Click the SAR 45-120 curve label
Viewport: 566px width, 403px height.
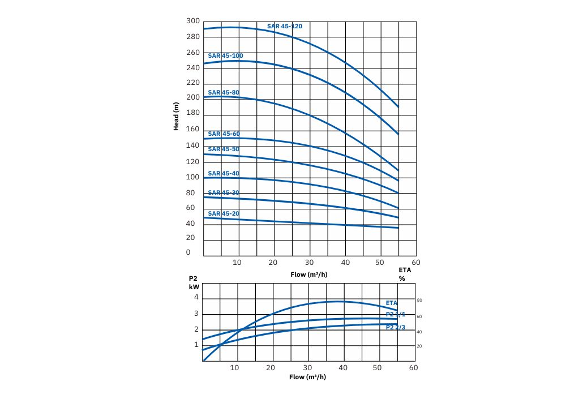point(285,26)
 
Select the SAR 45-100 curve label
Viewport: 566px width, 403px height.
point(225,56)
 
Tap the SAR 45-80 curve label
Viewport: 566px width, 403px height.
point(224,92)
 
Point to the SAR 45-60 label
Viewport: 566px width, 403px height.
point(224,134)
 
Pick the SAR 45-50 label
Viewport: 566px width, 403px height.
point(224,149)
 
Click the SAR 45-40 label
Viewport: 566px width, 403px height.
point(224,173)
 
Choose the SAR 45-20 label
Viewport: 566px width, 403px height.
point(224,213)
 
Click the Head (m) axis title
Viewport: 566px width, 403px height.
point(177,117)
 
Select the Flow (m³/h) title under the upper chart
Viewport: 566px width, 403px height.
point(309,276)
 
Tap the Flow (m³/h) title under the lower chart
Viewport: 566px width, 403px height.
point(308,377)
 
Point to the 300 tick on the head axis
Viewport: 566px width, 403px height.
point(193,21)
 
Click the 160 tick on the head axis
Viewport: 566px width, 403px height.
point(193,129)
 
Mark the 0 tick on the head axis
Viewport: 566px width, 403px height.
point(188,252)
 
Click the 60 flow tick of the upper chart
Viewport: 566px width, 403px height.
point(416,263)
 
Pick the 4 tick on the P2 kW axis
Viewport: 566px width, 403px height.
point(196,297)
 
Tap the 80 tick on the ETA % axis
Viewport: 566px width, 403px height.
point(419,301)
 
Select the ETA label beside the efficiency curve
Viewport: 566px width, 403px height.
point(392,303)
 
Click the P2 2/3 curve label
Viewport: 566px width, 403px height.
point(396,327)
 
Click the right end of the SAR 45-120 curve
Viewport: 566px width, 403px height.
point(398,106)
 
